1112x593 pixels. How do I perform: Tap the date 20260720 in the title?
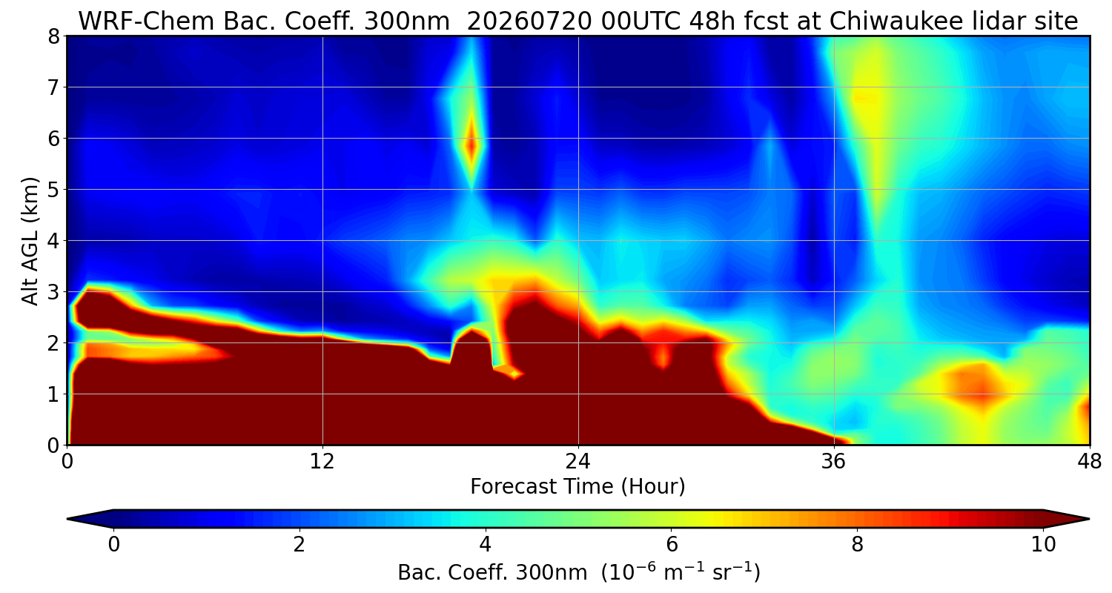click(x=529, y=21)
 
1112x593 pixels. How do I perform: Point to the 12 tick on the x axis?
click(x=322, y=462)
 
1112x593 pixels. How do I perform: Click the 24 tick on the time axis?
click(x=577, y=462)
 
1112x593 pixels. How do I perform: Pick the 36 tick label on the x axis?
click(x=833, y=462)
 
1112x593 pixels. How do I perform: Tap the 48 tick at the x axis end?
click(x=1090, y=462)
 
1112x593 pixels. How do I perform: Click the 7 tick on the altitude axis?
click(x=53, y=87)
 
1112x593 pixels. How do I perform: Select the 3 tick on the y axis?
click(x=53, y=292)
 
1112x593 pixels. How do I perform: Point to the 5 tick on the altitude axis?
click(x=53, y=190)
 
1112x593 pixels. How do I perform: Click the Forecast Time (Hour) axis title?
click(x=577, y=487)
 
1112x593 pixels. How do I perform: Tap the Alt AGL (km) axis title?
click(x=30, y=241)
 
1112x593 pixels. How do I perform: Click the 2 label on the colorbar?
click(x=299, y=545)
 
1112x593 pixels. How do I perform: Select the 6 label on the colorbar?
click(x=672, y=545)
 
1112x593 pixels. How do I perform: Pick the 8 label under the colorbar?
click(x=858, y=545)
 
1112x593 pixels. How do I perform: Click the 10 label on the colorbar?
click(x=1044, y=545)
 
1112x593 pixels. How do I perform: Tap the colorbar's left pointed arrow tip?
click(x=67, y=519)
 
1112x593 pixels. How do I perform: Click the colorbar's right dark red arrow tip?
click(x=1090, y=519)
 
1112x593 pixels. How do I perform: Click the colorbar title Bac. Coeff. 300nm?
click(x=492, y=573)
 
